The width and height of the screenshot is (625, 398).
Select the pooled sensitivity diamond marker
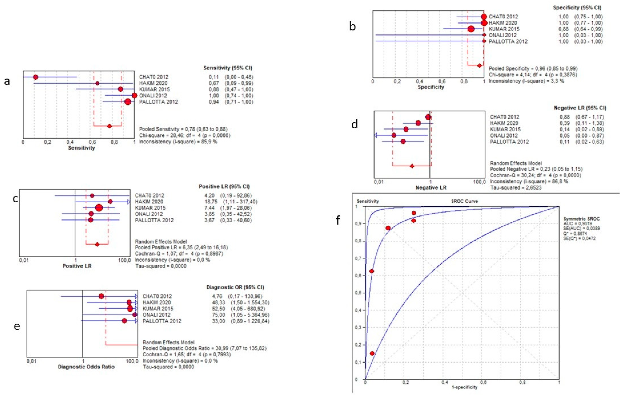click(109, 126)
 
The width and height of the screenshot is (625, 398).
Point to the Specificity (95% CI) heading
click(577, 8)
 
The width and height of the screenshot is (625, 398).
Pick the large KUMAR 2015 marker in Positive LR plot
click(99, 208)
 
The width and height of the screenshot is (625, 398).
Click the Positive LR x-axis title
click(77, 266)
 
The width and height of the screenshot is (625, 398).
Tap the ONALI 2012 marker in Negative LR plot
click(394, 135)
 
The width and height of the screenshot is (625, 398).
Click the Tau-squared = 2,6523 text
click(516, 188)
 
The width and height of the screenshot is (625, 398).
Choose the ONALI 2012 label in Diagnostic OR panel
click(156, 315)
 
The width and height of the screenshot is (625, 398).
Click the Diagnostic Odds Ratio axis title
click(86, 367)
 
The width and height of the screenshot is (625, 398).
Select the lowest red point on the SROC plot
click(372, 353)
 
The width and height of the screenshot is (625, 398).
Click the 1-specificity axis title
click(464, 387)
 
